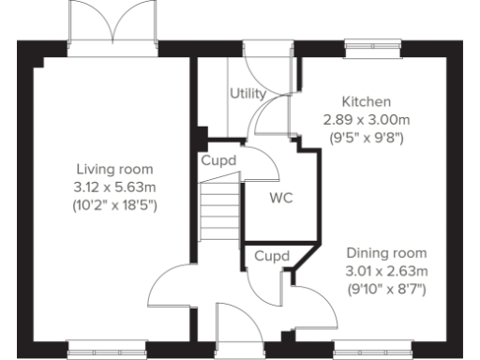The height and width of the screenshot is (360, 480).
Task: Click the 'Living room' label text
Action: coord(113,169)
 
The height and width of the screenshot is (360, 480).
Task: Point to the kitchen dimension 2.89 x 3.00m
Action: coord(366,120)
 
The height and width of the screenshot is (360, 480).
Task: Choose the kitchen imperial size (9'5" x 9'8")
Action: coord(366,137)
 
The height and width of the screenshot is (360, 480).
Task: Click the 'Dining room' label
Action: coord(386,254)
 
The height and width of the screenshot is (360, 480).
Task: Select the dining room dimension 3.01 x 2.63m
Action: coord(386,272)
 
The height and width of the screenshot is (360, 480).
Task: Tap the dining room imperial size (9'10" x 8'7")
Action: coord(386,289)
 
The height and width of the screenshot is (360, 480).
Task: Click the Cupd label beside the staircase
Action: coord(217,160)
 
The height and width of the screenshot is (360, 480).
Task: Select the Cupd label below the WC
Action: coord(271,255)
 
